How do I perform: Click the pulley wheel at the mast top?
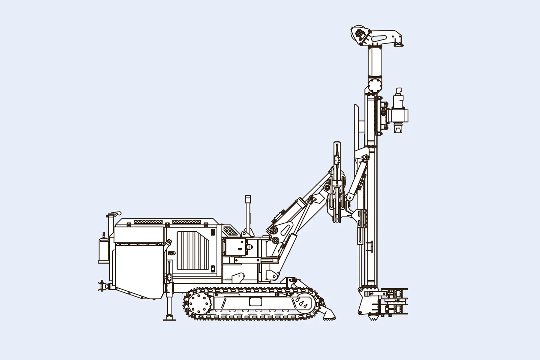(x=359, y=34)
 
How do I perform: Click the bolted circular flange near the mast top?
(x=374, y=84)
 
